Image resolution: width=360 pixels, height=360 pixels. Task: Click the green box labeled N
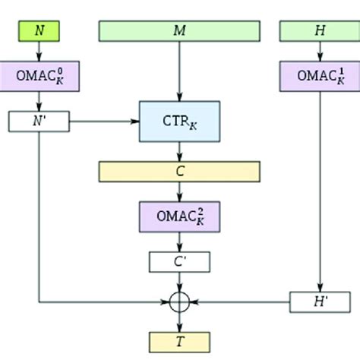(39, 30)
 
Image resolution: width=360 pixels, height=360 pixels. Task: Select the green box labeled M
(179, 30)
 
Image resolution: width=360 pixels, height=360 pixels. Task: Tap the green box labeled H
(318, 30)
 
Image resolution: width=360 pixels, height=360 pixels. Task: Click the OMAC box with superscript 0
(39, 77)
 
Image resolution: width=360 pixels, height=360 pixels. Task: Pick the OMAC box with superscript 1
(318, 75)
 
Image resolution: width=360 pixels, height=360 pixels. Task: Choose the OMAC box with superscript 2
(179, 216)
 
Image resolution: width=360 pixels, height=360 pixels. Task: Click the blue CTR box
(179, 122)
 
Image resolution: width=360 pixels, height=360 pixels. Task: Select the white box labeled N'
(39, 121)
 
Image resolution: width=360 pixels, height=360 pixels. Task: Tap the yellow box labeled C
(179, 171)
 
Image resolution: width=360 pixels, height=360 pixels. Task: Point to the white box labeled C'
(179, 262)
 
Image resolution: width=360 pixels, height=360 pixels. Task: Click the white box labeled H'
(318, 302)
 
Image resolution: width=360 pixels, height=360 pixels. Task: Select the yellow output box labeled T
(179, 342)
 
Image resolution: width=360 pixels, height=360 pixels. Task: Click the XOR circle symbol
(179, 302)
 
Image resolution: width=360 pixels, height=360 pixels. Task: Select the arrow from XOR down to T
(179, 321)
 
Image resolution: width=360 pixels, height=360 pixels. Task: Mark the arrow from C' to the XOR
(179, 283)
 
